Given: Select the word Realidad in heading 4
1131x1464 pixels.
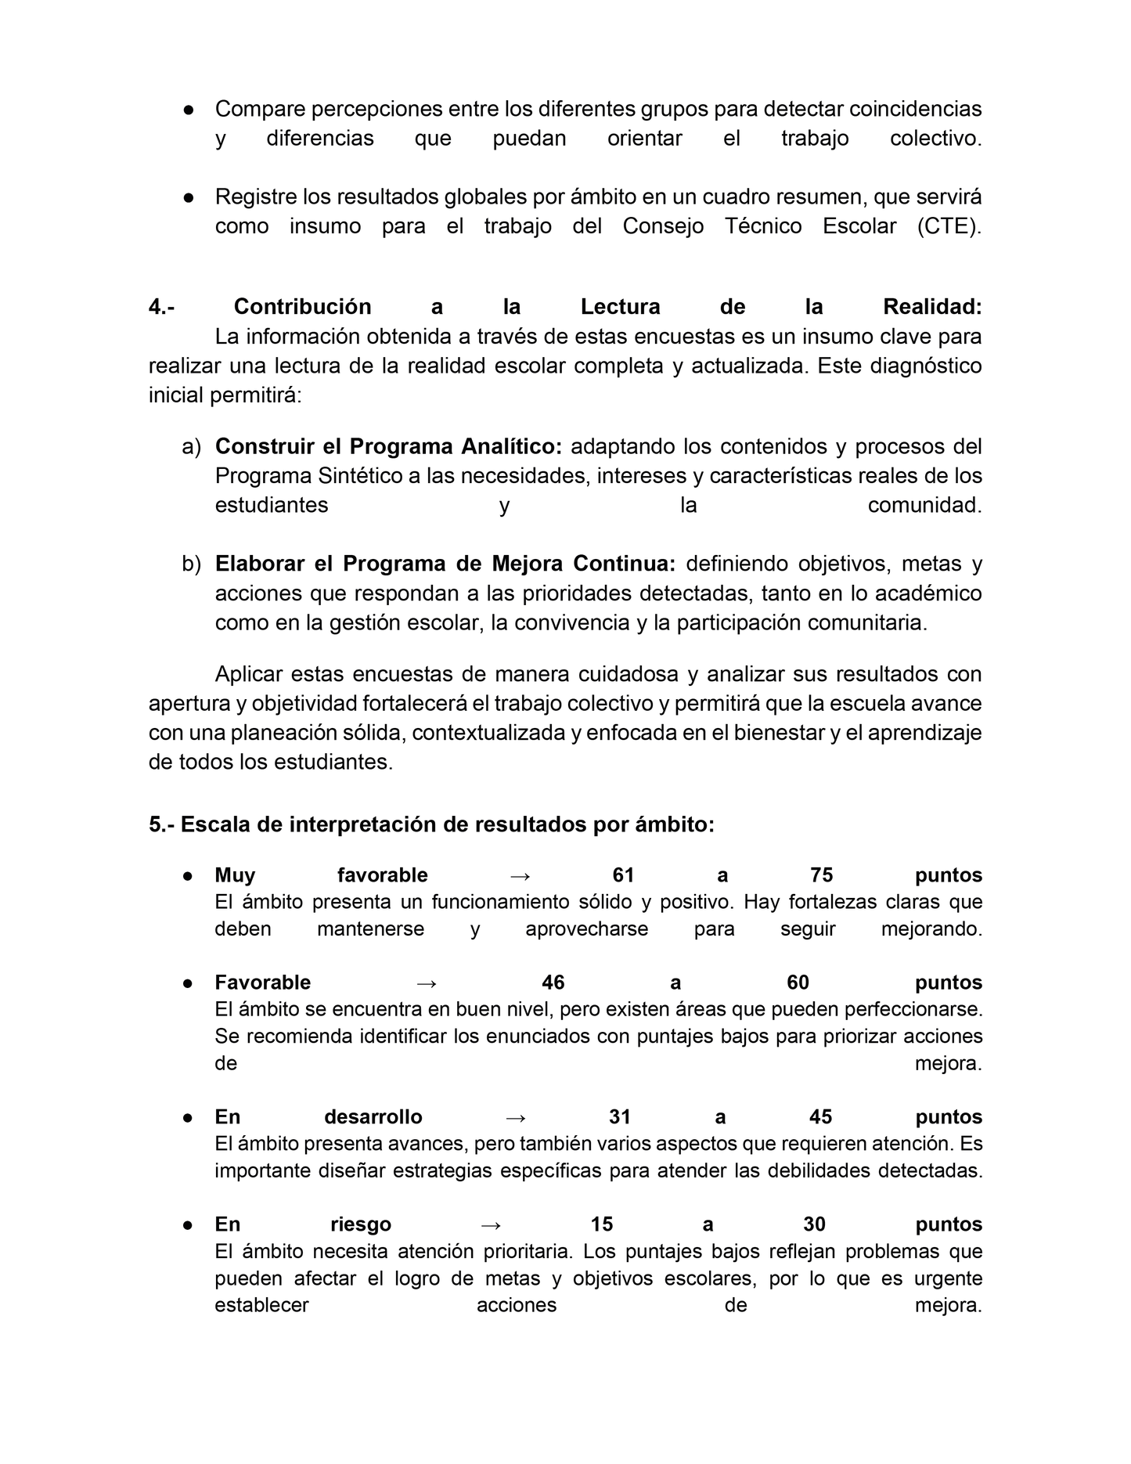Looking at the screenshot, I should coord(932,307).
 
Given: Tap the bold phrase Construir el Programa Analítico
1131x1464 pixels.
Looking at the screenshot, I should coord(388,446).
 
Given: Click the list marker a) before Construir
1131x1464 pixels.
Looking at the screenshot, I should coord(191,446).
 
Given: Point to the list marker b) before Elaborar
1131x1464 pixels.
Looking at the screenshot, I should coord(191,564).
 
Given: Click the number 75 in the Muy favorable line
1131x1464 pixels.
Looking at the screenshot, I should coord(821,875).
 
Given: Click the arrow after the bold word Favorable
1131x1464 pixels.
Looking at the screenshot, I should coord(426,983).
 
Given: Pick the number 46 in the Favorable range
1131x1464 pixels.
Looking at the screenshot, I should coord(553,983).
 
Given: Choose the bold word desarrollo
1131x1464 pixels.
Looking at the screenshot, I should coord(373,1117).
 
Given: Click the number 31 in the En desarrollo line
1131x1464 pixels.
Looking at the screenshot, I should coord(620,1117).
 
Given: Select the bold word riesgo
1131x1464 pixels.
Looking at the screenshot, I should coord(361,1224).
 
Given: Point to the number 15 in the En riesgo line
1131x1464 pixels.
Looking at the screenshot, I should coord(602,1224).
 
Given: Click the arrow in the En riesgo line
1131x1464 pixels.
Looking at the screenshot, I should coord(491,1224).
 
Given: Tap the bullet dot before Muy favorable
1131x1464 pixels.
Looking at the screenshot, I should coord(189,876).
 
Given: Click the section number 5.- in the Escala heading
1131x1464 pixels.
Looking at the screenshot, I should coord(161,825).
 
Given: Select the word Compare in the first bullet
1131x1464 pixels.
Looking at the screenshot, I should coord(260,109).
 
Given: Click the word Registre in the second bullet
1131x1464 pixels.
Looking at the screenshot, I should coord(257,197).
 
